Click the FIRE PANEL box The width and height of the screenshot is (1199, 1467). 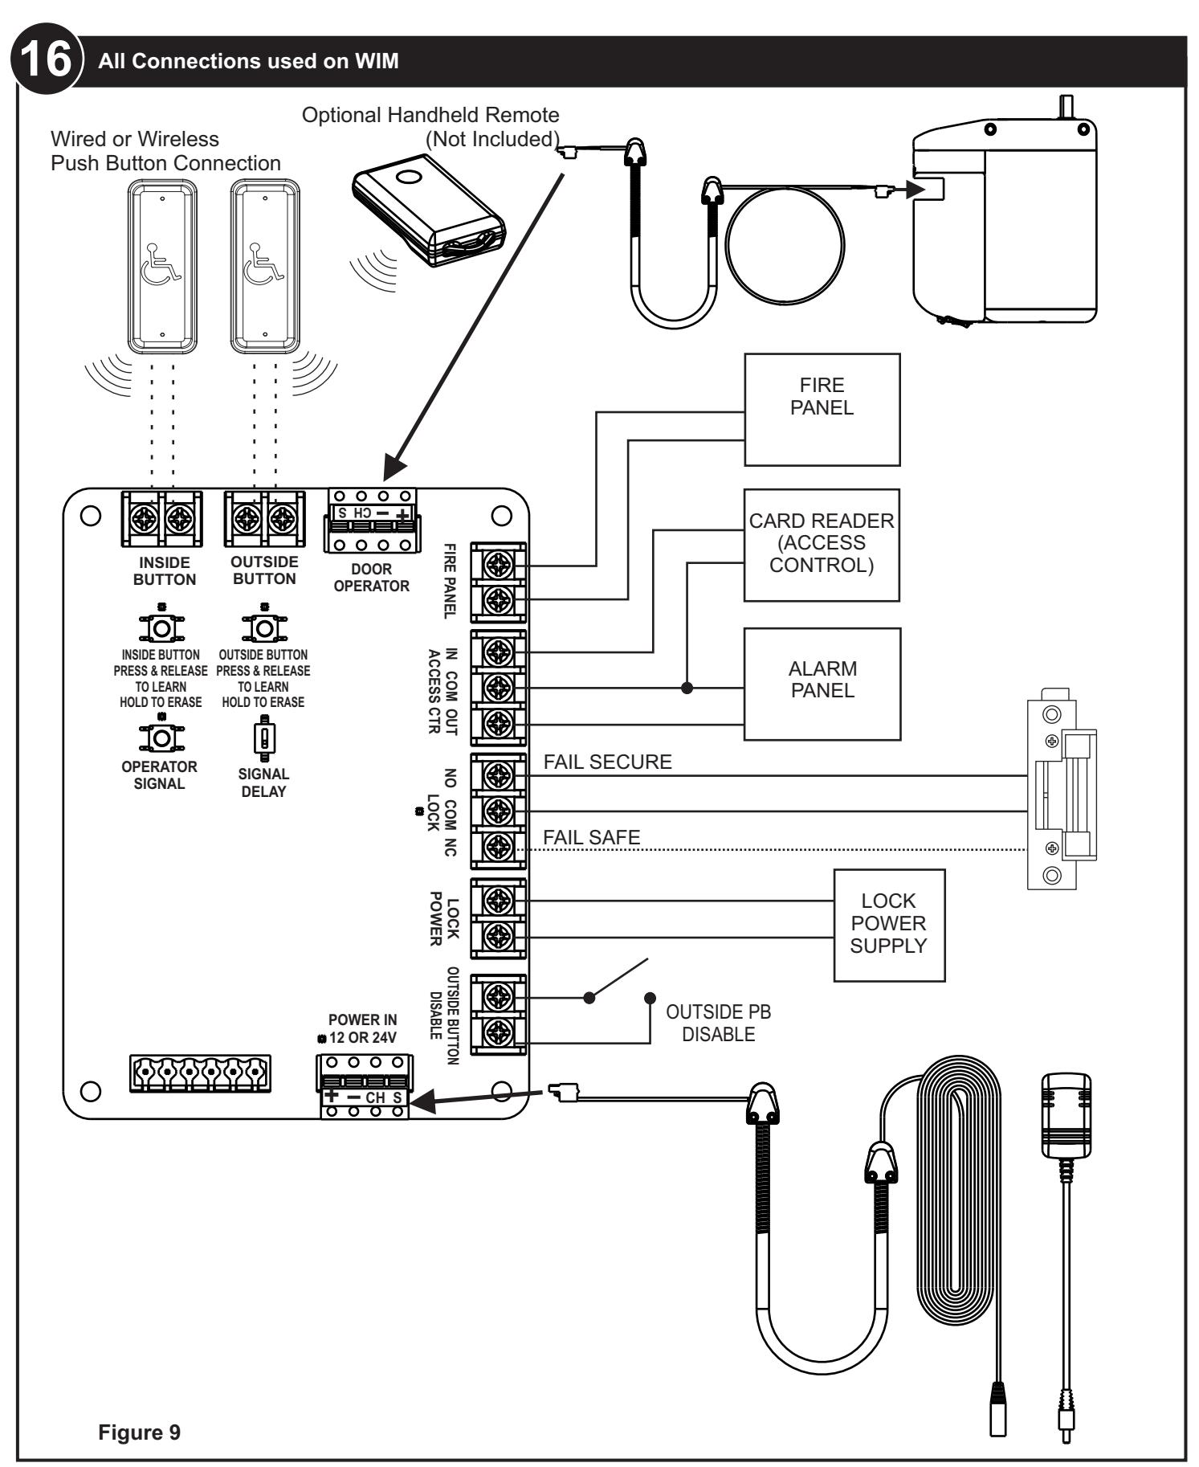point(822,410)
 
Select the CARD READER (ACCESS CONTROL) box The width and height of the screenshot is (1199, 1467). point(822,545)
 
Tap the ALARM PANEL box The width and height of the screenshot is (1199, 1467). point(822,684)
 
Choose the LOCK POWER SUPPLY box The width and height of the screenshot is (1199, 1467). point(889,925)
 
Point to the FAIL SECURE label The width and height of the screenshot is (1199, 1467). point(608,762)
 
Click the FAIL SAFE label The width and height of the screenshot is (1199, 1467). point(592,837)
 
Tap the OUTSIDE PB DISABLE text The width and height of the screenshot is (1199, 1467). point(719,1024)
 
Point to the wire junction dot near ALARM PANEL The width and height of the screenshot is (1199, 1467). point(687,688)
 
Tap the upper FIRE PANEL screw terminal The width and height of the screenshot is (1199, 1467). point(500,566)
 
